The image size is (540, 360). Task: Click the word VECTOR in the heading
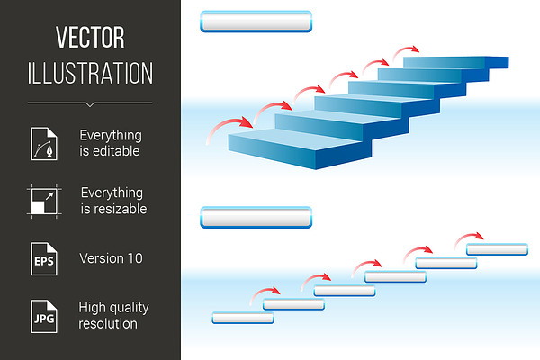coord(90,37)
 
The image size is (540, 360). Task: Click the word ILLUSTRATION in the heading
coord(90,73)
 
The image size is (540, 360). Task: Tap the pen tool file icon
coord(44,144)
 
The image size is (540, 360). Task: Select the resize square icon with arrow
coord(44,202)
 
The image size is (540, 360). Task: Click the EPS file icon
coord(44,258)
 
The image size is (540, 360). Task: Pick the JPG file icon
coord(44,316)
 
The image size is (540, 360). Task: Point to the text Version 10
coord(111,258)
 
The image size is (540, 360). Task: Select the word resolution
coord(108,324)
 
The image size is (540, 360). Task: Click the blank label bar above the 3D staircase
coord(256,22)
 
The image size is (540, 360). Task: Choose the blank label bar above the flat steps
coord(256,218)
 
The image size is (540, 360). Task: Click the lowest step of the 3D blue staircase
coord(300,148)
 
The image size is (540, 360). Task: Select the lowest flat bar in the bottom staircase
coord(243,318)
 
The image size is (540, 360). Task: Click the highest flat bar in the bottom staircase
coord(497,249)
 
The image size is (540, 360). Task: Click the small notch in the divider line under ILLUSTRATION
coord(90,104)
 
